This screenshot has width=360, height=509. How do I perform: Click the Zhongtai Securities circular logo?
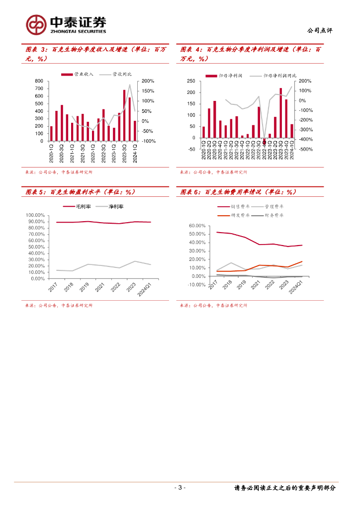pos(36,24)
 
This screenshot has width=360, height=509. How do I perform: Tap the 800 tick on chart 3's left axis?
pos(39,81)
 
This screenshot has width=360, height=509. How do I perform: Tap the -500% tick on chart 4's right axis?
pos(305,149)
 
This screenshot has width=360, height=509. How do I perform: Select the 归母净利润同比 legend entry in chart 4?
pos(273,75)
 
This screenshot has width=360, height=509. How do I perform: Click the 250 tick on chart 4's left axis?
pos(190,81)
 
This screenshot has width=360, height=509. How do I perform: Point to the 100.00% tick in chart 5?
pos(35,215)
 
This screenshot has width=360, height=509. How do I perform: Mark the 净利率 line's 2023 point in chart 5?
pos(135,261)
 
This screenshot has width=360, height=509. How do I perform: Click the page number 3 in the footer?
pos(180,488)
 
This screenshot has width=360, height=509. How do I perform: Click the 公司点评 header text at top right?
pos(320,30)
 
